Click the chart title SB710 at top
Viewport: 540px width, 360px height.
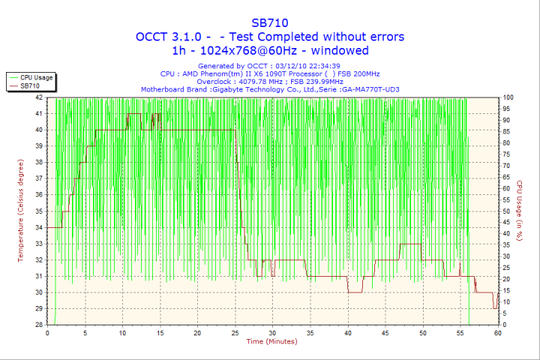pos(270,22)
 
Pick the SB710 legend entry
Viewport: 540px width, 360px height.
pos(31,86)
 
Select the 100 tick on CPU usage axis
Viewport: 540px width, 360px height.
pos(508,97)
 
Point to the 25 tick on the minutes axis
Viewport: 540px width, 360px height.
pos(235,332)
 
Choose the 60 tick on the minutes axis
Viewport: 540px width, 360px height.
pos(498,332)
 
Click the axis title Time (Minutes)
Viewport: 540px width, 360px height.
pos(271,342)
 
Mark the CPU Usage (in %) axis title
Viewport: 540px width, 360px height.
pos(518,211)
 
